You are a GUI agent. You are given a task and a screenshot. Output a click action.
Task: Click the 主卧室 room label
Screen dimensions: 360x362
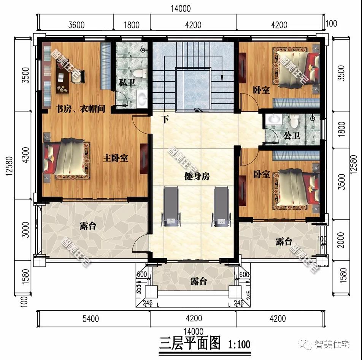point(115,158)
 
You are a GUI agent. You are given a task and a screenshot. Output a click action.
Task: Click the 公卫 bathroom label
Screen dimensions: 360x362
point(292,136)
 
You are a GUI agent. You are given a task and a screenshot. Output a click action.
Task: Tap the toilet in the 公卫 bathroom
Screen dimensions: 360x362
point(294,121)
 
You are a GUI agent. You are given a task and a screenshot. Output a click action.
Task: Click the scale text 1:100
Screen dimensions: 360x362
point(239,344)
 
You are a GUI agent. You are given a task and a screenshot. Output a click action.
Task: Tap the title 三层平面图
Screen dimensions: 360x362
point(189,344)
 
